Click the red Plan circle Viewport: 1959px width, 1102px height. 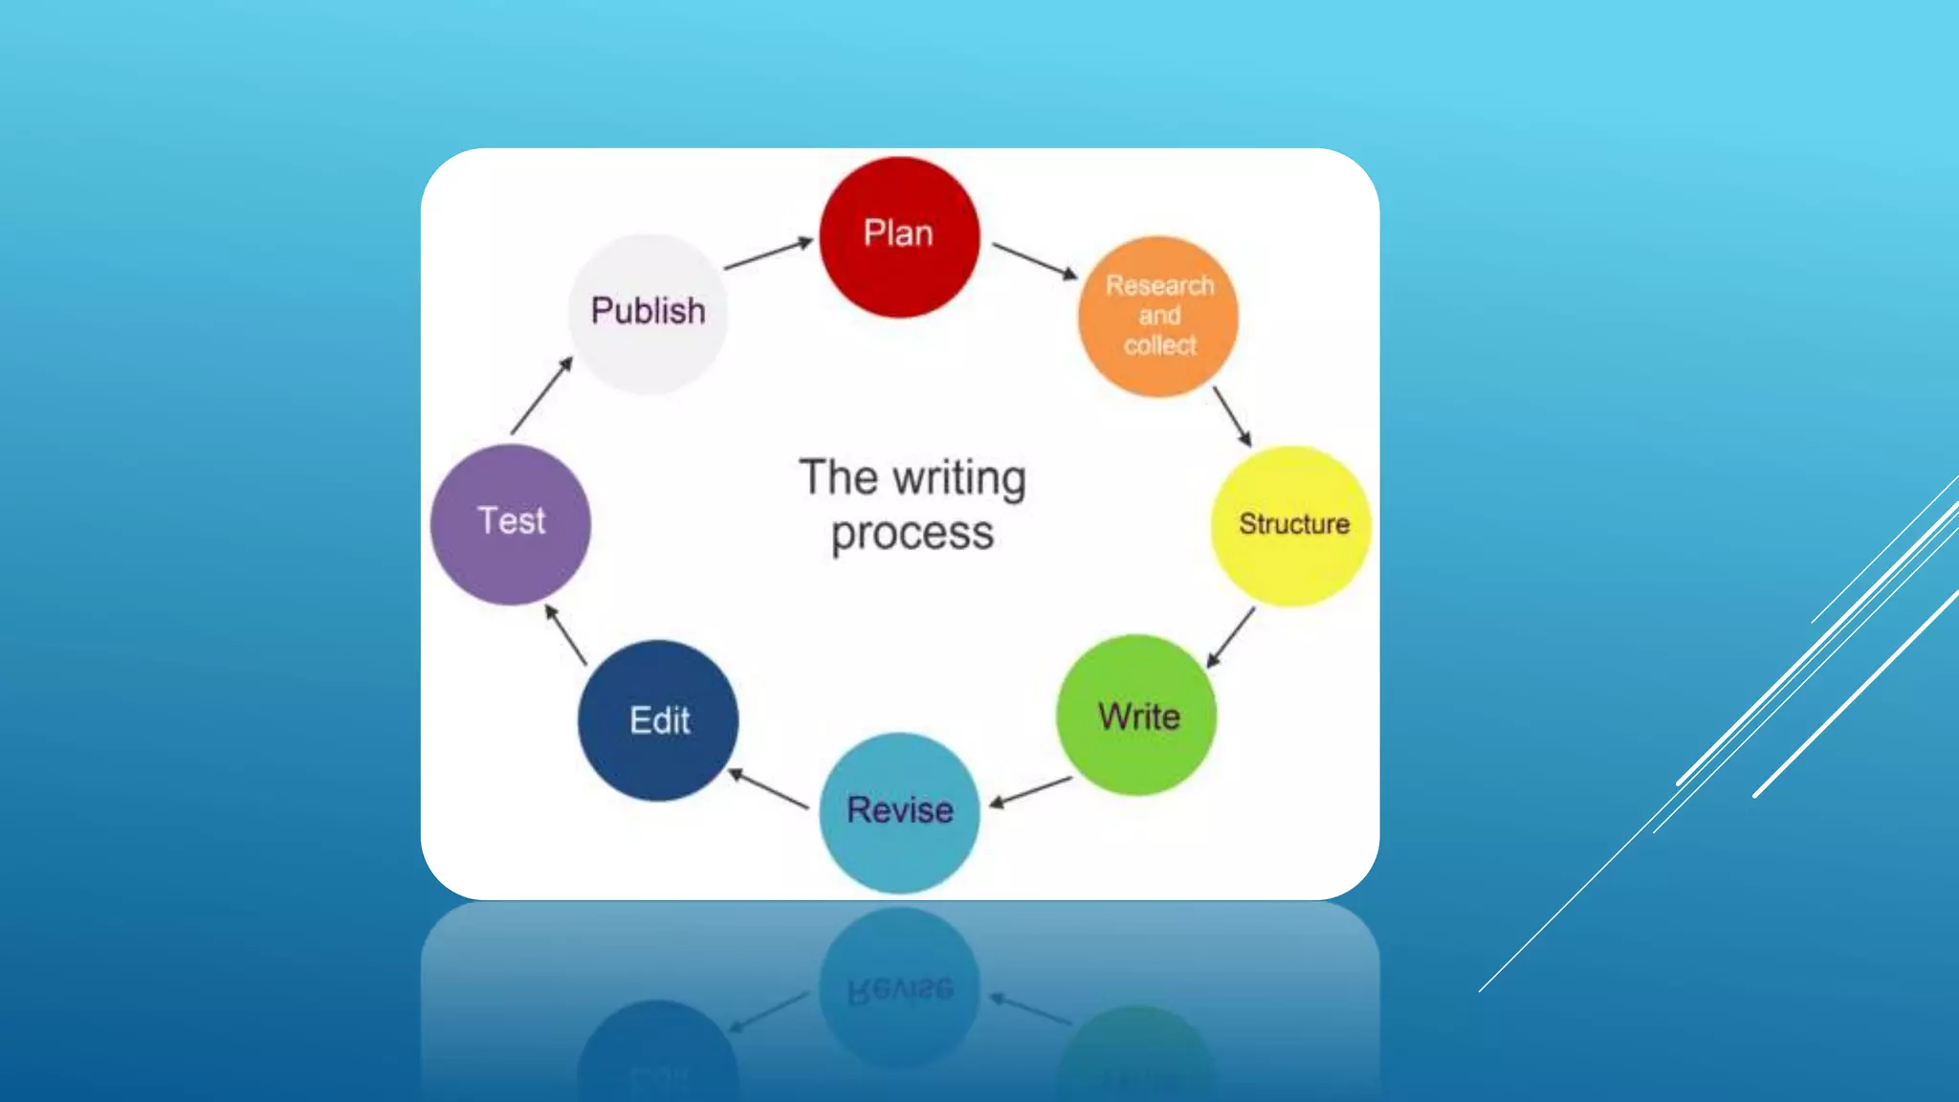pyautogui.click(x=899, y=237)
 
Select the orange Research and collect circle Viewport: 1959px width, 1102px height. pyautogui.click(x=1158, y=317)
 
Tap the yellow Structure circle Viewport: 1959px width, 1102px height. pyautogui.click(x=1291, y=525)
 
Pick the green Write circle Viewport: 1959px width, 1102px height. pyautogui.click(x=1136, y=716)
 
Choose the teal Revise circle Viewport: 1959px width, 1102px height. pyautogui.click(x=900, y=812)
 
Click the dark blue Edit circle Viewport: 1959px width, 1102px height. pyautogui.click(x=658, y=720)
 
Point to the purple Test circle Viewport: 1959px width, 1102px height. pyautogui.click(x=511, y=524)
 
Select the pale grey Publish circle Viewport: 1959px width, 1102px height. pyautogui.click(x=648, y=313)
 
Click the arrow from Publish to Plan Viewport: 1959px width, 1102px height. pyautogui.click(x=768, y=254)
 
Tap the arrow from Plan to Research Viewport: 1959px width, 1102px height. pyautogui.click(x=1035, y=260)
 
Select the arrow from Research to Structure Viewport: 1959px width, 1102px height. pyautogui.click(x=1232, y=416)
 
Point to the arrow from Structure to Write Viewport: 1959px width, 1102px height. pyautogui.click(x=1230, y=637)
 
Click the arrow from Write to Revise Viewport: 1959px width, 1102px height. pyautogui.click(x=1030, y=792)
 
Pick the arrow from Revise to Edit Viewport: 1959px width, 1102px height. pyautogui.click(x=769, y=789)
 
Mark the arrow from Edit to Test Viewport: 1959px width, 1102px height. pyautogui.click(x=565, y=635)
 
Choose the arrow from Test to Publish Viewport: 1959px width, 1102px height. pyautogui.click(x=541, y=395)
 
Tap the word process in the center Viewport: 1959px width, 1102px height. pyautogui.click(x=913, y=534)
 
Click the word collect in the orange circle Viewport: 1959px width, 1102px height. pyautogui.click(x=1159, y=345)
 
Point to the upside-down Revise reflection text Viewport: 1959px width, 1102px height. pyautogui.click(x=900, y=989)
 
